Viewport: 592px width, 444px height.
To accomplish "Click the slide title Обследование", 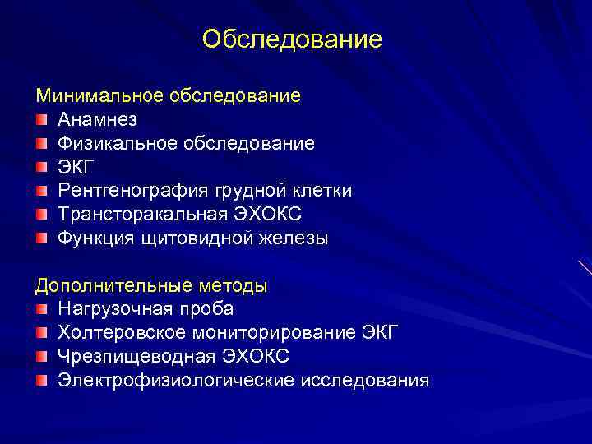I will (x=292, y=39).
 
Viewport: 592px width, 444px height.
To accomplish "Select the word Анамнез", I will (x=98, y=120).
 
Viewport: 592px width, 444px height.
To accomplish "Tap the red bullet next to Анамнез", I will (x=42, y=120).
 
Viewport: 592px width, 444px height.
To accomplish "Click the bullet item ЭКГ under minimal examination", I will (x=76, y=167).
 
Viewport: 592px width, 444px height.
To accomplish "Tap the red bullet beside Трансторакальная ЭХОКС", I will (x=42, y=215).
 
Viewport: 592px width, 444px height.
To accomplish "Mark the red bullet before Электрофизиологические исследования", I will (x=42, y=381).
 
